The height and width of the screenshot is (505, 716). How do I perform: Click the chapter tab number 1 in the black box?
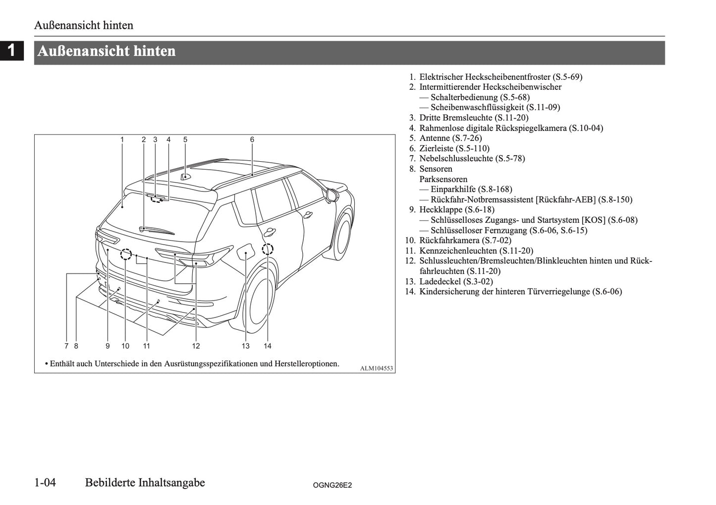tap(11, 51)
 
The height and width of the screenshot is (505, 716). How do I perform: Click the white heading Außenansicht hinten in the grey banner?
tap(106, 51)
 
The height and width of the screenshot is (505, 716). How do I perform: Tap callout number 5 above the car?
tap(185, 140)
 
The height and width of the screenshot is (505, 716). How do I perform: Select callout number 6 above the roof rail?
tap(252, 140)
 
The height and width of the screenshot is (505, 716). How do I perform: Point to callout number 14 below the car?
tap(268, 346)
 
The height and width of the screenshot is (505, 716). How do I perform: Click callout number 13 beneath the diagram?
tap(246, 346)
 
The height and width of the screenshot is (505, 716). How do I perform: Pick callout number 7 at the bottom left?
tap(66, 346)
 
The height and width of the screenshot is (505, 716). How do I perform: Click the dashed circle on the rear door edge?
tap(268, 249)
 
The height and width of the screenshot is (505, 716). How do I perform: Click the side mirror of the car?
tap(331, 194)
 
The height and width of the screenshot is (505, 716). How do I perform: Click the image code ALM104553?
tap(376, 368)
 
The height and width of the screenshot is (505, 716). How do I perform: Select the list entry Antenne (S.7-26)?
tap(450, 138)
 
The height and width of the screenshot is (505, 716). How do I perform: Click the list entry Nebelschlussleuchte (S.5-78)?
tap(472, 158)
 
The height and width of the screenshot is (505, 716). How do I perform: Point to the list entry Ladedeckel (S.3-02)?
tap(456, 281)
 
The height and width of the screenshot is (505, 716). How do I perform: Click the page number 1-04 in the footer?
tap(45, 483)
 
